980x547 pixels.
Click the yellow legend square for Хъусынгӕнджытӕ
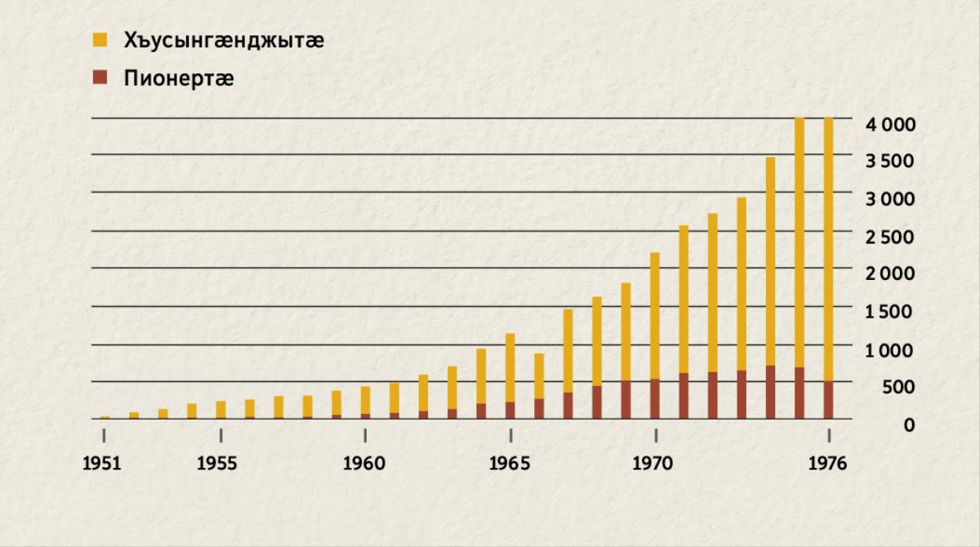click(100, 39)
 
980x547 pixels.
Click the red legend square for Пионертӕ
click(100, 78)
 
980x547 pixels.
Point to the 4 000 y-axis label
click(890, 124)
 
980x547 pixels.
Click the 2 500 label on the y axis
click(890, 237)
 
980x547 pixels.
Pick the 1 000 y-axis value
click(890, 349)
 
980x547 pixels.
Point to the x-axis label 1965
click(510, 464)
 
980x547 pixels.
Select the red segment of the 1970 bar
click(655, 399)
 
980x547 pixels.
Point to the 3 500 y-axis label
click(890, 161)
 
